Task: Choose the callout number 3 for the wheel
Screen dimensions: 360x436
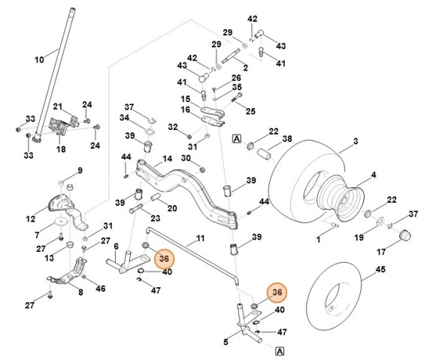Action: [356, 141]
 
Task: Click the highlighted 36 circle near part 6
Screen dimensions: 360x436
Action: [162, 259]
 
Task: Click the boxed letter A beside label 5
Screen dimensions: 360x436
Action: [279, 350]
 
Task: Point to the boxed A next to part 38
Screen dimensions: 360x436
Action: [236, 139]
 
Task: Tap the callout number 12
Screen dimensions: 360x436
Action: [30, 219]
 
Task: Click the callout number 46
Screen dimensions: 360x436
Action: [101, 289]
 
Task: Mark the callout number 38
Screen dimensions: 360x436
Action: [286, 139]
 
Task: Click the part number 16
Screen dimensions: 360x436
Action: [185, 110]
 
